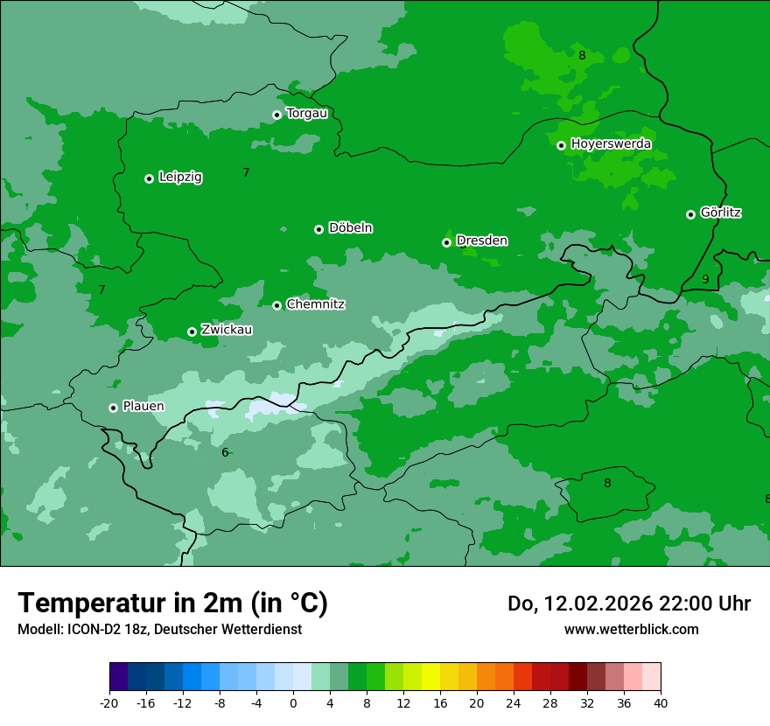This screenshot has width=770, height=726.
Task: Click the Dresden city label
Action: coord(481,241)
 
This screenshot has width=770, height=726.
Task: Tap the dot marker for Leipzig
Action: coord(149,178)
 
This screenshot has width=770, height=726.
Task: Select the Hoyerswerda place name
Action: coord(611,143)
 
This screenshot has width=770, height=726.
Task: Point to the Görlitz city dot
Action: coord(690,214)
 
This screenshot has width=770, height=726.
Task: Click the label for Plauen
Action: coord(143,407)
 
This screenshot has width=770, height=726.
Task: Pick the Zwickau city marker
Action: coord(192,332)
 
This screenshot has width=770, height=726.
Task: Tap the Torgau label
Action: coord(306,113)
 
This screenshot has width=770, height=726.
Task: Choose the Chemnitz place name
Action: coord(315,304)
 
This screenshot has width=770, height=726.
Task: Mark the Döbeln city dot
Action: coord(318,229)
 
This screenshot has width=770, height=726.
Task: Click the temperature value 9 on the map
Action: coord(705,279)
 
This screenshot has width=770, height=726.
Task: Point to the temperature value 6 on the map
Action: coord(225,452)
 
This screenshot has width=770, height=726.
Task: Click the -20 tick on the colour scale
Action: coord(109,702)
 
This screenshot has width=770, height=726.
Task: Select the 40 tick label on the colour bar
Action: coord(661,702)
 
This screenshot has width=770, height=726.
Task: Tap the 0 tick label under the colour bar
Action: coord(293,702)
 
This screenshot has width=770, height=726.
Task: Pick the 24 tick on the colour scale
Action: coord(514,702)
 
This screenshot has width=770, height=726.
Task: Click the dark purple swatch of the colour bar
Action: coord(118,677)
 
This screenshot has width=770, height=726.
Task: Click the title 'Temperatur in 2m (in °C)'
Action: coord(172,603)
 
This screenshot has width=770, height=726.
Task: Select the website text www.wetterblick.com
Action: coord(631,629)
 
